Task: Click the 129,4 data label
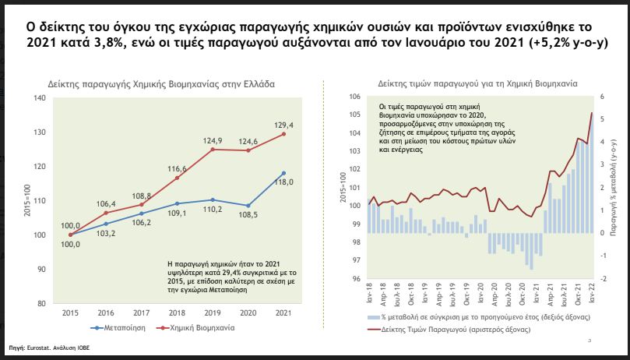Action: pyautogui.click(x=283, y=125)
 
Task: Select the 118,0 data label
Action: pyautogui.click(x=283, y=182)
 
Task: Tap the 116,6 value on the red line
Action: pyautogui.click(x=178, y=168)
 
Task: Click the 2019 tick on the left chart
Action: pyautogui.click(x=213, y=312)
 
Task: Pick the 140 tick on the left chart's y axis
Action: pyautogui.click(x=40, y=98)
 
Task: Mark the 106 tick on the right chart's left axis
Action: pyautogui.click(x=354, y=97)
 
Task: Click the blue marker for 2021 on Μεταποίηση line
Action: pyautogui.click(x=283, y=173)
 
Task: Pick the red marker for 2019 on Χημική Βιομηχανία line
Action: pyautogui.click(x=213, y=149)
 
